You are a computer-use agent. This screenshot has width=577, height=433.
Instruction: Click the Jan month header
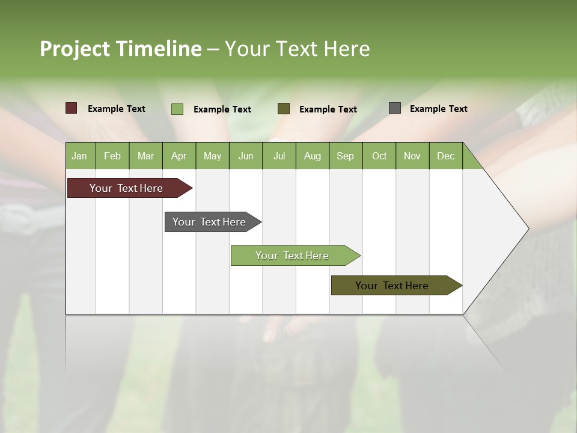coord(80,156)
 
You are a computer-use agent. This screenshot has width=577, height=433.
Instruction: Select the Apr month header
coord(179,156)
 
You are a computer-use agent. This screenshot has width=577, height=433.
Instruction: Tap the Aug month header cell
coord(313,156)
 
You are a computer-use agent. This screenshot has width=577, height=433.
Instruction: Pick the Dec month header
coord(445,156)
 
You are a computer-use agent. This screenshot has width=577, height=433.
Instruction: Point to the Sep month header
coord(346,156)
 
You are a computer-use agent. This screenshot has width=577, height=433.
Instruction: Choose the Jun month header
coord(246,156)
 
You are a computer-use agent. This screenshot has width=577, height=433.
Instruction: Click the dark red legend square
coord(71,108)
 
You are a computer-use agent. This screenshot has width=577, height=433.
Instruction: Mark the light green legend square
coord(177,109)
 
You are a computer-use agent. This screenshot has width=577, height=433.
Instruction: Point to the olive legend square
coord(284,108)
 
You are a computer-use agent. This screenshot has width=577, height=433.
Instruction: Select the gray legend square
coord(395,108)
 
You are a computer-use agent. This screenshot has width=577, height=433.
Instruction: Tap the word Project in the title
coord(75,49)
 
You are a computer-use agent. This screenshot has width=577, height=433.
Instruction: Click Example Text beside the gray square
coord(438,109)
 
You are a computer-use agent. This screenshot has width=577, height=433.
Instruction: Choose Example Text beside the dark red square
coord(117,109)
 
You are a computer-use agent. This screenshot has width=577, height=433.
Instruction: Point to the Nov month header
coord(412,156)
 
